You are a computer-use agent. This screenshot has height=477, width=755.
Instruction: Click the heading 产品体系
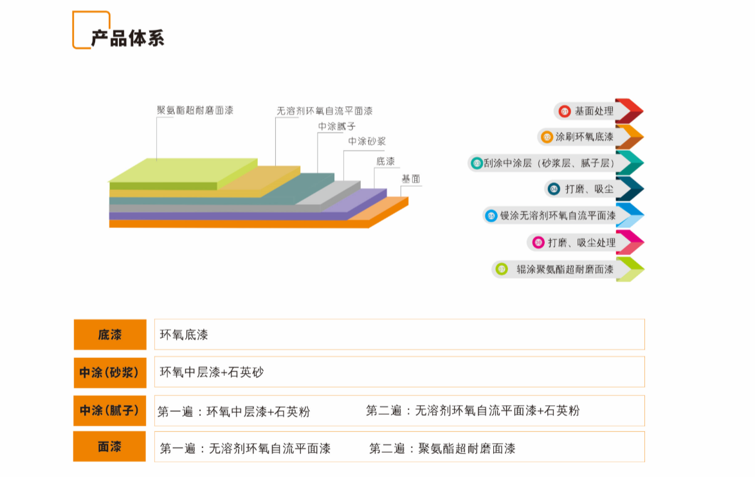click(127, 38)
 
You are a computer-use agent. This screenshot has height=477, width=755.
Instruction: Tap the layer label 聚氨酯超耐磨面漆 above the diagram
click(195, 111)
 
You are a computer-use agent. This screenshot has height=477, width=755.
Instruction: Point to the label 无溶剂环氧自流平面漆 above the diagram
click(324, 111)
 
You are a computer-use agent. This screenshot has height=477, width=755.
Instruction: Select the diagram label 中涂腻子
click(336, 127)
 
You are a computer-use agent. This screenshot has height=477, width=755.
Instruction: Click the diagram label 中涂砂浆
click(367, 142)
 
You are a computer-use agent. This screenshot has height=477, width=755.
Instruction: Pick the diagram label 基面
click(410, 179)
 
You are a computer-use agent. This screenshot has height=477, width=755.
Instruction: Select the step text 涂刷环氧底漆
click(584, 137)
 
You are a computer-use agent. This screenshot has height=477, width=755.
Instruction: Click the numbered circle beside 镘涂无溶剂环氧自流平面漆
click(491, 216)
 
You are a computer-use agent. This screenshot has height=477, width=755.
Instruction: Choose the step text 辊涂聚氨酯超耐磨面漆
click(565, 269)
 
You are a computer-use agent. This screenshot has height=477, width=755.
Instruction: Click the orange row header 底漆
click(110, 335)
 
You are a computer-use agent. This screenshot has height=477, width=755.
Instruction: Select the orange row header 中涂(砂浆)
click(110, 372)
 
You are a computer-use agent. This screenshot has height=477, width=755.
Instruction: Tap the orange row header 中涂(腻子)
click(110, 410)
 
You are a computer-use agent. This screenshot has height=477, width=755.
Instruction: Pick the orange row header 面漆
click(110, 447)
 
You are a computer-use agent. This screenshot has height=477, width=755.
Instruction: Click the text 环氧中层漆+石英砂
click(212, 372)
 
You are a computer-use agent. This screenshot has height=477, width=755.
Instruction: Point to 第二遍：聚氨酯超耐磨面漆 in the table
click(442, 449)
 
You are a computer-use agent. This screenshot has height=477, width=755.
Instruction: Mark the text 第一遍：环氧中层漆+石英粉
click(233, 411)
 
